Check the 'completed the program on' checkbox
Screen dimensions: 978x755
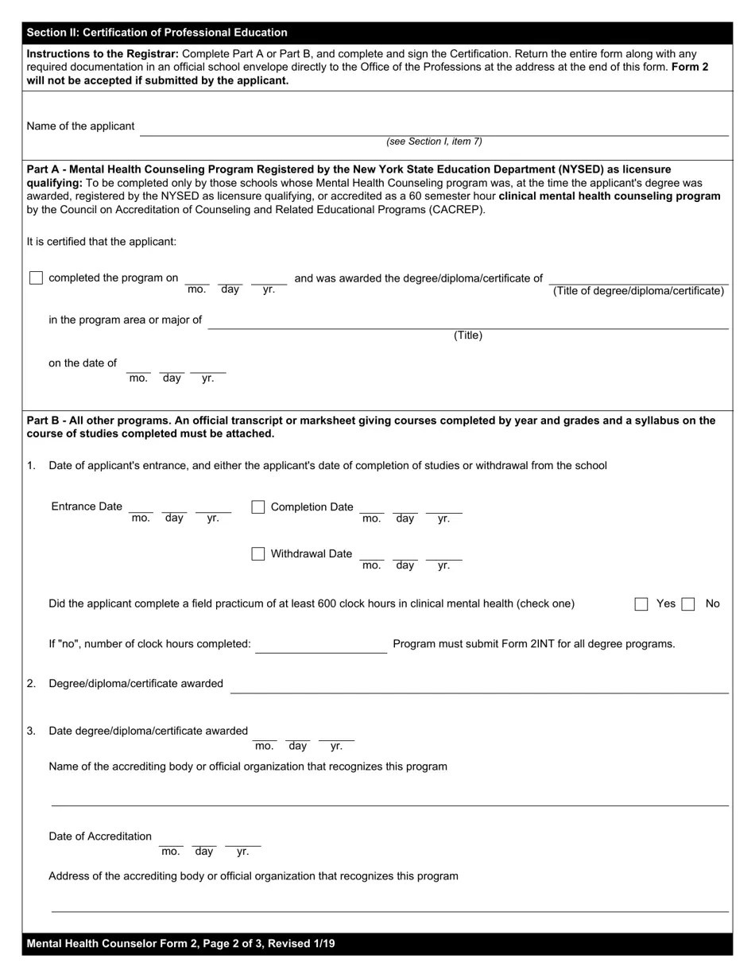(36, 278)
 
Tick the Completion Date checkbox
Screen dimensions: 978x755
(258, 507)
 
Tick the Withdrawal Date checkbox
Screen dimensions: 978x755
(258, 554)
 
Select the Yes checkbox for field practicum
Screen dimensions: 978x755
(641, 604)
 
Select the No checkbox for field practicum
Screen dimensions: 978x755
(688, 604)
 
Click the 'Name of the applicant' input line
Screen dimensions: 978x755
(433, 130)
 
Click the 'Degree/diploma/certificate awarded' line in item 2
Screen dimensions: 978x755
(478, 688)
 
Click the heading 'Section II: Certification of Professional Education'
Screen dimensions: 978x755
(157, 33)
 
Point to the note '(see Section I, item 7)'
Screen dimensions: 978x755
(434, 142)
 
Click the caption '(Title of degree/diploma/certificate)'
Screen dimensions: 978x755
(638, 291)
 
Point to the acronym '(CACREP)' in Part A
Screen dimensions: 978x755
(457, 210)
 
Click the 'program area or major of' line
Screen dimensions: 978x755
(467, 324)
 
